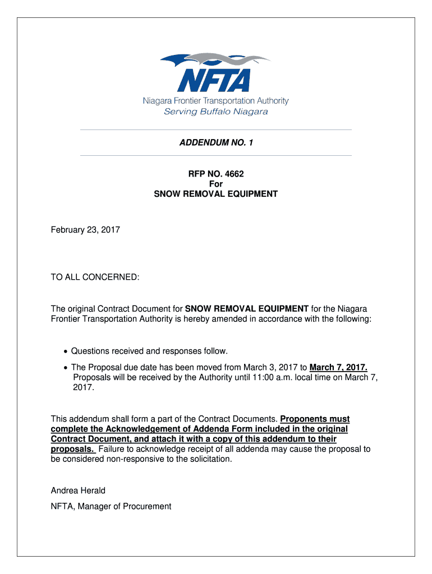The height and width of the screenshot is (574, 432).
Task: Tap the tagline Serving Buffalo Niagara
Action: pos(216,112)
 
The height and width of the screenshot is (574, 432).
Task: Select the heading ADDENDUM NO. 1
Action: pos(216,143)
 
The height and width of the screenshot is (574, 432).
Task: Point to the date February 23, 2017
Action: pos(85,230)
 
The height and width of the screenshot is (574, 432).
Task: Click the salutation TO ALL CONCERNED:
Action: pos(95,277)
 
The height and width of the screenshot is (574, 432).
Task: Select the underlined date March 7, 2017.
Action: pos(338,367)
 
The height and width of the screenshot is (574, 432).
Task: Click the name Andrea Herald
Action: pos(78,490)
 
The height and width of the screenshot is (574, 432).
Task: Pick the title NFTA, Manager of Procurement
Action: pos(111,506)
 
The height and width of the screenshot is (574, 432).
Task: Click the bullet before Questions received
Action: pos(67,351)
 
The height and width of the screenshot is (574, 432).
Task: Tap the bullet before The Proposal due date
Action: pos(67,368)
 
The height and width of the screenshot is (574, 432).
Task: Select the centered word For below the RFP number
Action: pos(216,184)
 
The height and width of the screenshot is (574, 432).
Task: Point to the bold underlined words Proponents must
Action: pos(314,419)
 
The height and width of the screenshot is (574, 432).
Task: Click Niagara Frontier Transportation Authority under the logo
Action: pos(216,101)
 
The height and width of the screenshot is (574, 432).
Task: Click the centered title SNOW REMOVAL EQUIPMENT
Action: pos(216,194)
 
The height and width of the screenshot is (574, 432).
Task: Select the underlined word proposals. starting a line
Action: pos(72,449)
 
